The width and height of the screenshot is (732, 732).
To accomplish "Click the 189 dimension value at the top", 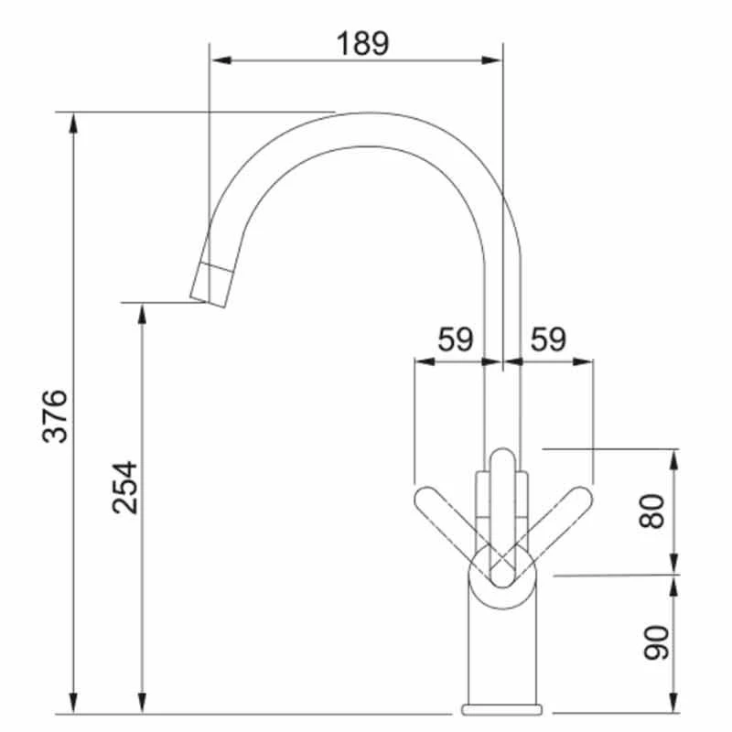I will [x=362, y=43].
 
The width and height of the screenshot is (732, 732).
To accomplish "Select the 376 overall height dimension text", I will [x=57, y=415].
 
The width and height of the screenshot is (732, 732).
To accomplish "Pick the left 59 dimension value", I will [x=455, y=339].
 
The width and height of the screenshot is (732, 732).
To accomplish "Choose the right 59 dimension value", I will [x=547, y=339].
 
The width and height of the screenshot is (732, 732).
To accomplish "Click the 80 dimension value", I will [x=651, y=510].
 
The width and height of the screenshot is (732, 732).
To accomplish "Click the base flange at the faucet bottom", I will [x=502, y=709].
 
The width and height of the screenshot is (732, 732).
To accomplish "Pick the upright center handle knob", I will [x=501, y=476].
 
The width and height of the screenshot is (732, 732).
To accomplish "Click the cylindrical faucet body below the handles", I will [x=502, y=650].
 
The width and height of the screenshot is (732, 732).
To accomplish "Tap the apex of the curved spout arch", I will [x=366, y=128].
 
